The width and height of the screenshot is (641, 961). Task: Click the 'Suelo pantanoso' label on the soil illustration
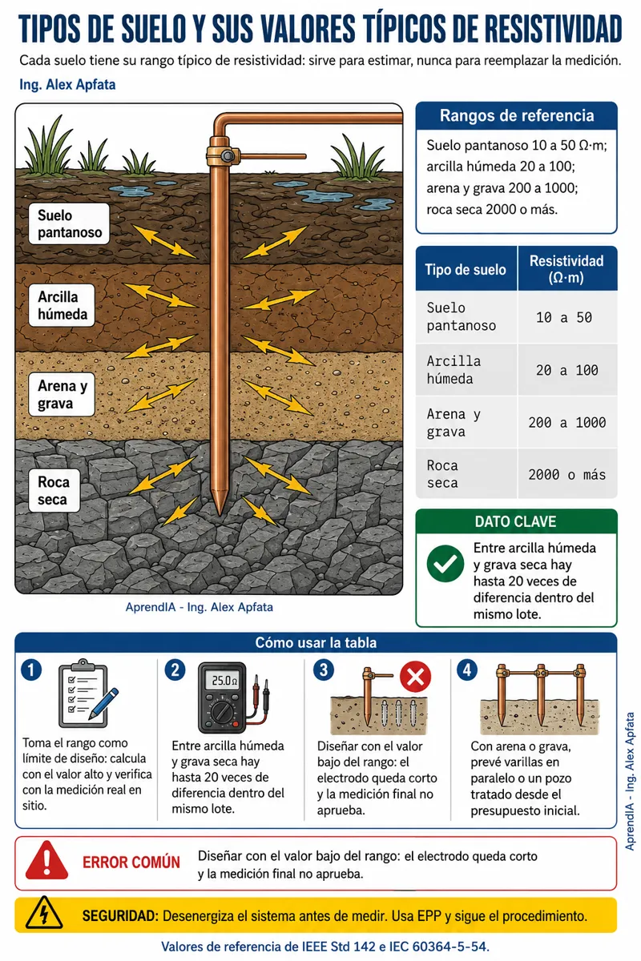pos(69,223)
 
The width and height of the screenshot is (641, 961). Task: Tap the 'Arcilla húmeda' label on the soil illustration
pos(62,305)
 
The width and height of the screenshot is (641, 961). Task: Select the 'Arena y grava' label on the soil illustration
pos(62,394)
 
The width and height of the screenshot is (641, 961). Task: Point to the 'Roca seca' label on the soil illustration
pos(54,490)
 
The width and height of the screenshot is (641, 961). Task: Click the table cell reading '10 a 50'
pos(564,317)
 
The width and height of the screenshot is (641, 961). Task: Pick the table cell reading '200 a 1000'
pos(566,423)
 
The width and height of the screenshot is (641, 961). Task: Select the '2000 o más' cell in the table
pos(566,474)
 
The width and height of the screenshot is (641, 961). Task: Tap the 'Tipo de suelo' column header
pos(466,269)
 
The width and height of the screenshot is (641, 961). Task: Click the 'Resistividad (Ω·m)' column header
pos(566,269)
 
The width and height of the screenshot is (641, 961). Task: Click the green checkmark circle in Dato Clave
pos(445,564)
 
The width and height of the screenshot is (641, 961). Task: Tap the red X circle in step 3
pos(415,677)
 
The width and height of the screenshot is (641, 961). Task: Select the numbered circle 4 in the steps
pos(467,670)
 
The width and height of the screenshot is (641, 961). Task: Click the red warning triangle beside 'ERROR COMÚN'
pos(46,860)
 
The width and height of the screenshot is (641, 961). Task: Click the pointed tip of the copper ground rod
pos(220,514)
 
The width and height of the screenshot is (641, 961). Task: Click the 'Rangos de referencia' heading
pos(517,116)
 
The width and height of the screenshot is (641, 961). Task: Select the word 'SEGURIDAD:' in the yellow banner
pos(120,916)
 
